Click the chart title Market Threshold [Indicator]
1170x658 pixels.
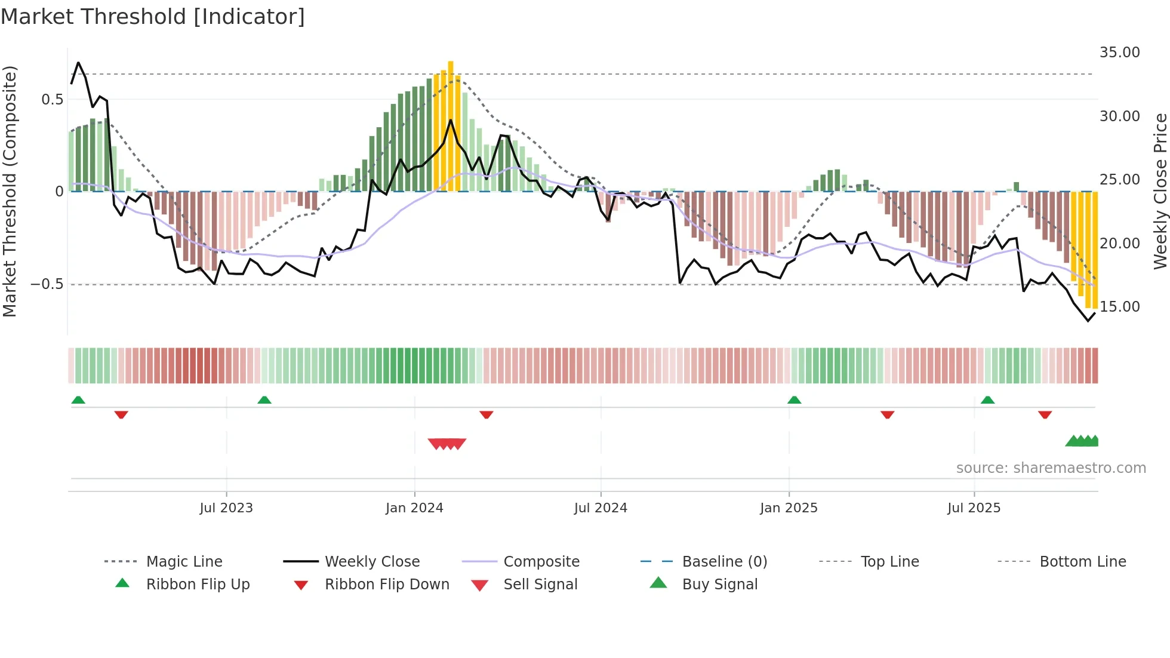[153, 17]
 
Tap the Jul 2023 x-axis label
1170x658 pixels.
[226, 508]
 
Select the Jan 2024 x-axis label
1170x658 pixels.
[414, 508]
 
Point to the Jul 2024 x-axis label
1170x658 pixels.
[601, 508]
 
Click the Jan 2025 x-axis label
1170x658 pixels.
[789, 508]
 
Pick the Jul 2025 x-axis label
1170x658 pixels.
[974, 508]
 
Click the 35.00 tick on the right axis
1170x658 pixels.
[1119, 53]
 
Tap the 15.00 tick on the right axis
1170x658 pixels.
[1119, 307]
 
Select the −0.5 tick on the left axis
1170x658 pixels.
[47, 284]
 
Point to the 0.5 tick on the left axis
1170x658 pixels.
[53, 100]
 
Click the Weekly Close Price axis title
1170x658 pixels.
[1160, 191]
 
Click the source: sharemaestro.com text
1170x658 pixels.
[1051, 468]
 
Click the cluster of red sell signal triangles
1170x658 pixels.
[447, 444]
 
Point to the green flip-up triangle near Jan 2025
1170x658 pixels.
[794, 400]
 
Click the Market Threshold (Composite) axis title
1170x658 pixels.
[10, 191]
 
